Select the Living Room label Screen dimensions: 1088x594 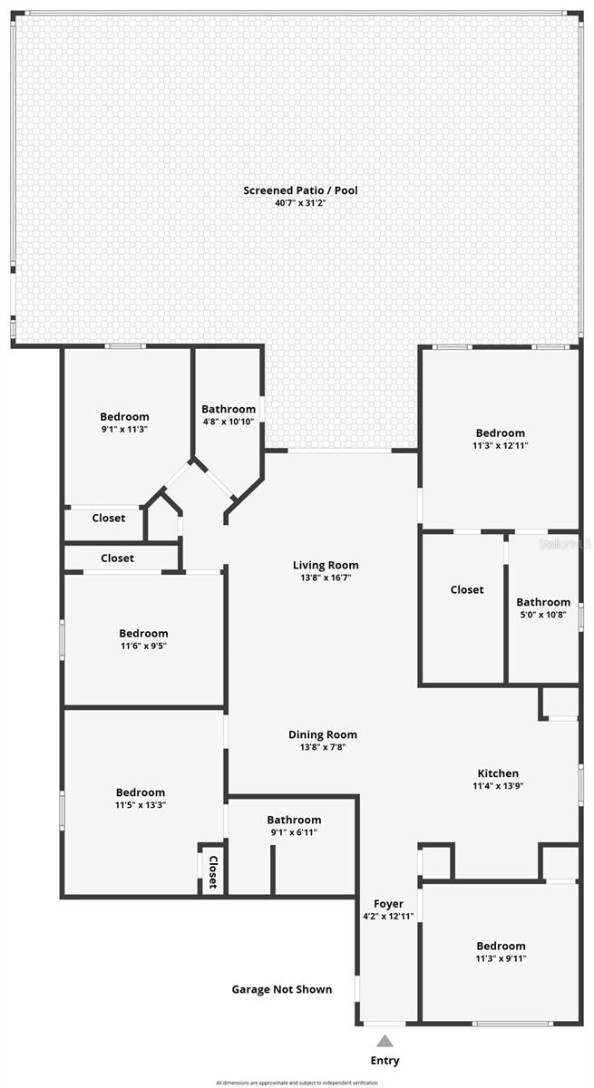(x=325, y=565)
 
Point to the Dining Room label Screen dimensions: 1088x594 (x=323, y=734)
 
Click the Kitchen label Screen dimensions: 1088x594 (x=498, y=773)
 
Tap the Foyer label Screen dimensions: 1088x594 (x=388, y=904)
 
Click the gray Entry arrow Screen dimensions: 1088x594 (x=385, y=1041)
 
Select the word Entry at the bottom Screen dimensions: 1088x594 (x=385, y=1060)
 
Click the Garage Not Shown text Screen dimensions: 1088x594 (x=281, y=989)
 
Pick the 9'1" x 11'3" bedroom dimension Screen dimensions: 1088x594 (x=124, y=430)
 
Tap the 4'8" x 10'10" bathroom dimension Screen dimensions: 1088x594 (x=229, y=422)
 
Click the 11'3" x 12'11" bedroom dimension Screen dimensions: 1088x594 (x=500, y=446)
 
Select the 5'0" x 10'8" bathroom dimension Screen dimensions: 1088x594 (x=543, y=615)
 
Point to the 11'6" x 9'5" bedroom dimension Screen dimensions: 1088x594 (x=143, y=646)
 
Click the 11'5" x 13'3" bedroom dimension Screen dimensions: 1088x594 (x=141, y=805)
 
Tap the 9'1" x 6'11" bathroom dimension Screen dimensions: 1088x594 (x=293, y=832)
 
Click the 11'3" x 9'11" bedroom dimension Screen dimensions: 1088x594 (x=500, y=958)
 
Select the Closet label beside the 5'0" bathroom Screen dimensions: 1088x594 (x=467, y=589)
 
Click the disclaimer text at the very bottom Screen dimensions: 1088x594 (x=297, y=1083)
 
